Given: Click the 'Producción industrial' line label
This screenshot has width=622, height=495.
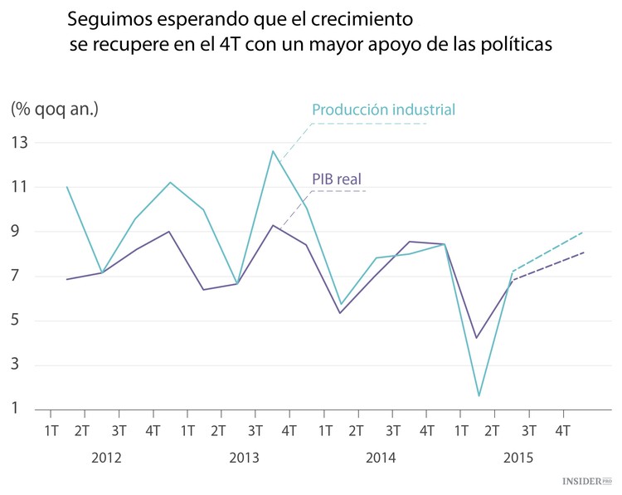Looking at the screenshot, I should pos(383,110).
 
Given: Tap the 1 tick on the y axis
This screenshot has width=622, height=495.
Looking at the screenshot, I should pos(17,409).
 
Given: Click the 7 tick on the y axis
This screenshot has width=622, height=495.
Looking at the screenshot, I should pos(17,277).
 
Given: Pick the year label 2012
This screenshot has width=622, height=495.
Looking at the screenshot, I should pos(108,458).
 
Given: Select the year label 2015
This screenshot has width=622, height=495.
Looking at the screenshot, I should pos(517,458).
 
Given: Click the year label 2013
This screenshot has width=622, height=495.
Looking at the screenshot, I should pos(244,458).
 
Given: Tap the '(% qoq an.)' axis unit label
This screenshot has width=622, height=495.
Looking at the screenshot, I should pos(54,108).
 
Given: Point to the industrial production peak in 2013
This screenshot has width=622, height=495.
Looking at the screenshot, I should pos(273,150).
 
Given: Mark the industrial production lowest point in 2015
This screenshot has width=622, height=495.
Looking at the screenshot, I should pos(479,395).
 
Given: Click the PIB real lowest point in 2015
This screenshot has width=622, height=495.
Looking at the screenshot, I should pos(476,337).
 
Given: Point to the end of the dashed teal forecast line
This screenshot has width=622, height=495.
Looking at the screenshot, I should pos(584,233).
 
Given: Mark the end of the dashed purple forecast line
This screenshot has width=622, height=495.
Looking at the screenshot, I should pos(584,252).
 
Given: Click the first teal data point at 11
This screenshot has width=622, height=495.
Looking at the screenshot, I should pos(67,187).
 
